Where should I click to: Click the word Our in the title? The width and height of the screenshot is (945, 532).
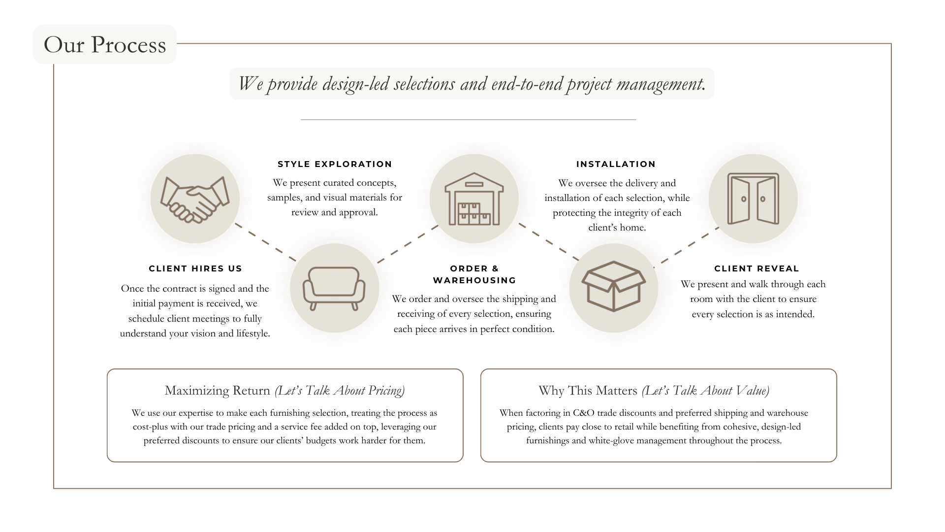pyautogui.click(x=64, y=45)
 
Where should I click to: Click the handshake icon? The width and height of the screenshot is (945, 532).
pyautogui.click(x=195, y=199)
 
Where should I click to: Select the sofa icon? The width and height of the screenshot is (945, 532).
pyautogui.click(x=335, y=288)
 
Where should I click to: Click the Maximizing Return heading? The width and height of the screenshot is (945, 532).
pyautogui.click(x=284, y=391)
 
